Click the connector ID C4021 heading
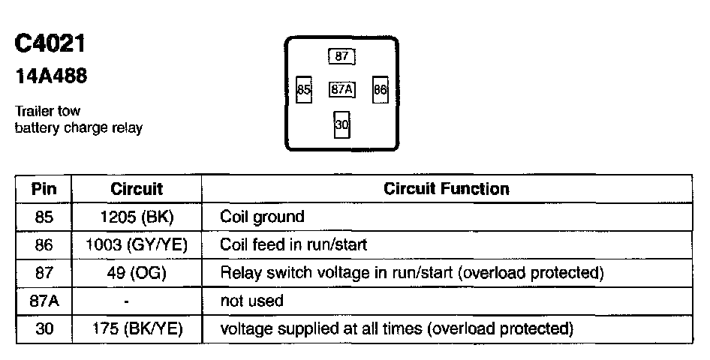pyautogui.click(x=50, y=44)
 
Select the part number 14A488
pyautogui.click(x=50, y=76)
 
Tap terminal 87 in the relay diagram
pyautogui.click(x=341, y=56)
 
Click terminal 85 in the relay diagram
pyautogui.click(x=304, y=90)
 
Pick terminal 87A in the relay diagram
pyautogui.click(x=342, y=90)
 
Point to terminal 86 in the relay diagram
pyautogui.click(x=380, y=90)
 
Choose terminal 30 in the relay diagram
pyautogui.click(x=342, y=125)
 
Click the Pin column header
pyautogui.click(x=44, y=189)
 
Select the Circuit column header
pyautogui.click(x=137, y=189)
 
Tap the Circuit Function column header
pyautogui.click(x=446, y=189)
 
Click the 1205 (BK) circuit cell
pyautogui.click(x=137, y=217)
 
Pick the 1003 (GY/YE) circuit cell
pyautogui.click(x=137, y=244)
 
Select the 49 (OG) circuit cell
pyautogui.click(x=137, y=272)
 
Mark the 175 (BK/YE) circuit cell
pyautogui.click(x=137, y=328)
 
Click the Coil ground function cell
pyautogui.click(x=262, y=217)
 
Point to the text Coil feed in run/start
pyautogui.click(x=293, y=244)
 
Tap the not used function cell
pyautogui.click(x=251, y=301)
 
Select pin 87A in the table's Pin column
pyautogui.click(x=44, y=301)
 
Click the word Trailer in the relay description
pyautogui.click(x=33, y=112)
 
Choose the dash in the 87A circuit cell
pyautogui.click(x=128, y=301)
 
